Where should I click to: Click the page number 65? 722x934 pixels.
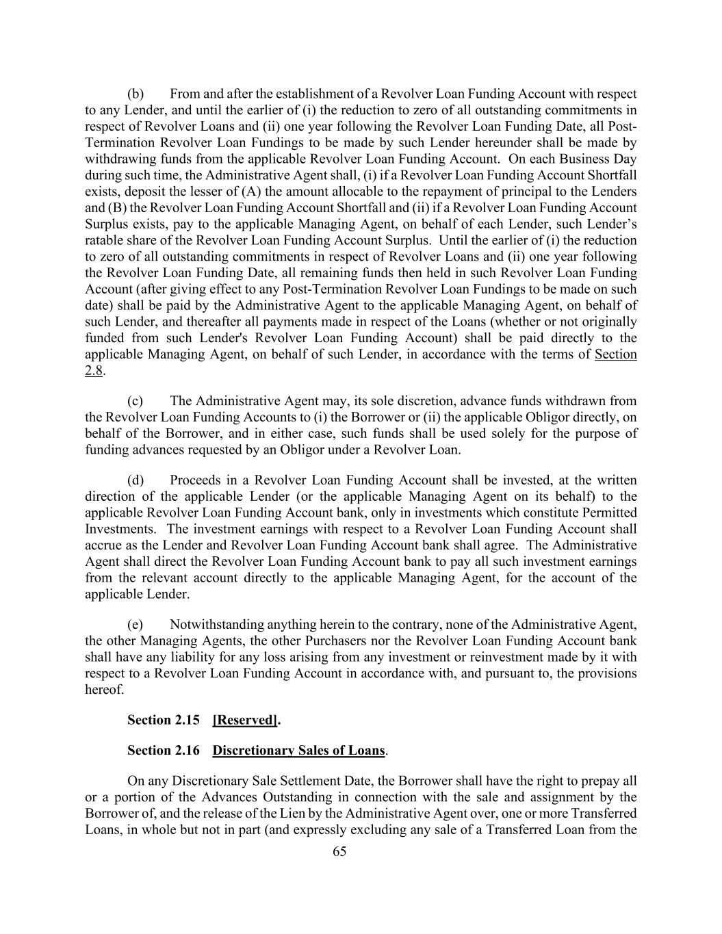[x=339, y=852]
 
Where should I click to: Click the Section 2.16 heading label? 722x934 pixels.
[x=164, y=751]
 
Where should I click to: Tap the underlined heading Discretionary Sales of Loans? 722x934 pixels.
[x=298, y=751]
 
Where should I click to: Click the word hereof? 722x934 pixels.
[x=104, y=690]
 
